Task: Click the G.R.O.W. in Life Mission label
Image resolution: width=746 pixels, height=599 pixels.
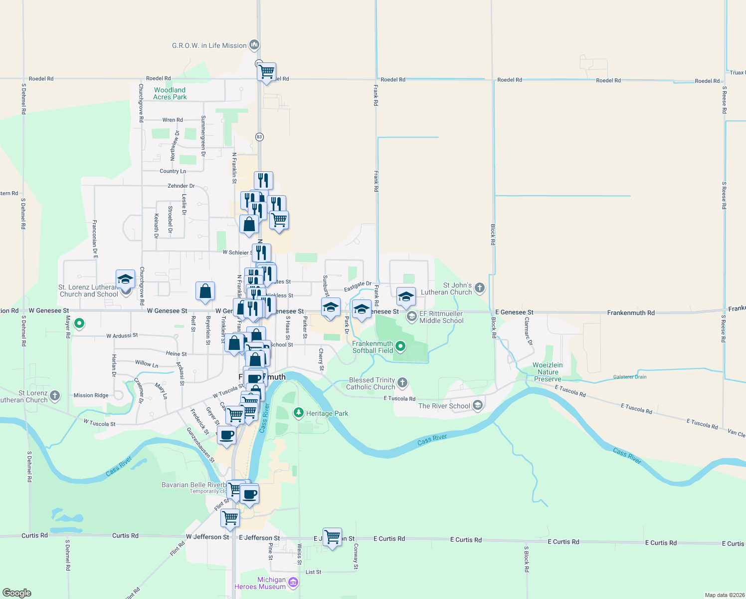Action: tap(209, 45)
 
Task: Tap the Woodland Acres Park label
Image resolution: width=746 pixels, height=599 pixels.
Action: tap(170, 93)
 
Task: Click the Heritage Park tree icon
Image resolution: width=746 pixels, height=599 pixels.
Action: tap(298, 413)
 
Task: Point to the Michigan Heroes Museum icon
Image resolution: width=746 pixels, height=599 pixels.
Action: tap(293, 583)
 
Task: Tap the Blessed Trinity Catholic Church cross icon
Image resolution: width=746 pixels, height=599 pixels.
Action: tap(402, 383)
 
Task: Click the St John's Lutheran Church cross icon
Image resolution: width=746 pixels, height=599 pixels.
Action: tap(479, 288)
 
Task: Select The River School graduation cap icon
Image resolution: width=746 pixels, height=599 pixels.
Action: tap(478, 405)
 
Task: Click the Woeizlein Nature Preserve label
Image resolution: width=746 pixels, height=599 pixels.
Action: tap(548, 372)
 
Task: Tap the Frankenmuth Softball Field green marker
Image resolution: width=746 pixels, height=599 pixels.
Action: tap(400, 346)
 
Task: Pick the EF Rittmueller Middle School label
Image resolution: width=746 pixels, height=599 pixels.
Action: tap(441, 317)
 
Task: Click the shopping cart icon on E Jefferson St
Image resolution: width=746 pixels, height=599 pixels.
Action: tap(332, 537)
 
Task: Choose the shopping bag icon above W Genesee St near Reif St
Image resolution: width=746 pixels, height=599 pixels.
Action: tap(205, 291)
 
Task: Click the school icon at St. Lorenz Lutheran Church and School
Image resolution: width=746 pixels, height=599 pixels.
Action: tap(125, 279)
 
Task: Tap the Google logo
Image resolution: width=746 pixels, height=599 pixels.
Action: tap(17, 593)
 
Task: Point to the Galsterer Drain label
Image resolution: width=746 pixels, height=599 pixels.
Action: tap(630, 377)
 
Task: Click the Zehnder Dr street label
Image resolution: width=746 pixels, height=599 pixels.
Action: tap(181, 186)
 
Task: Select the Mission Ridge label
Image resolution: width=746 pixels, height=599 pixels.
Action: tap(91, 395)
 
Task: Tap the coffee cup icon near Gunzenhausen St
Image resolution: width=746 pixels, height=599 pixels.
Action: tap(226, 435)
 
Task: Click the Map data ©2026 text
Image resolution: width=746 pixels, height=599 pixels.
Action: tap(725, 595)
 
